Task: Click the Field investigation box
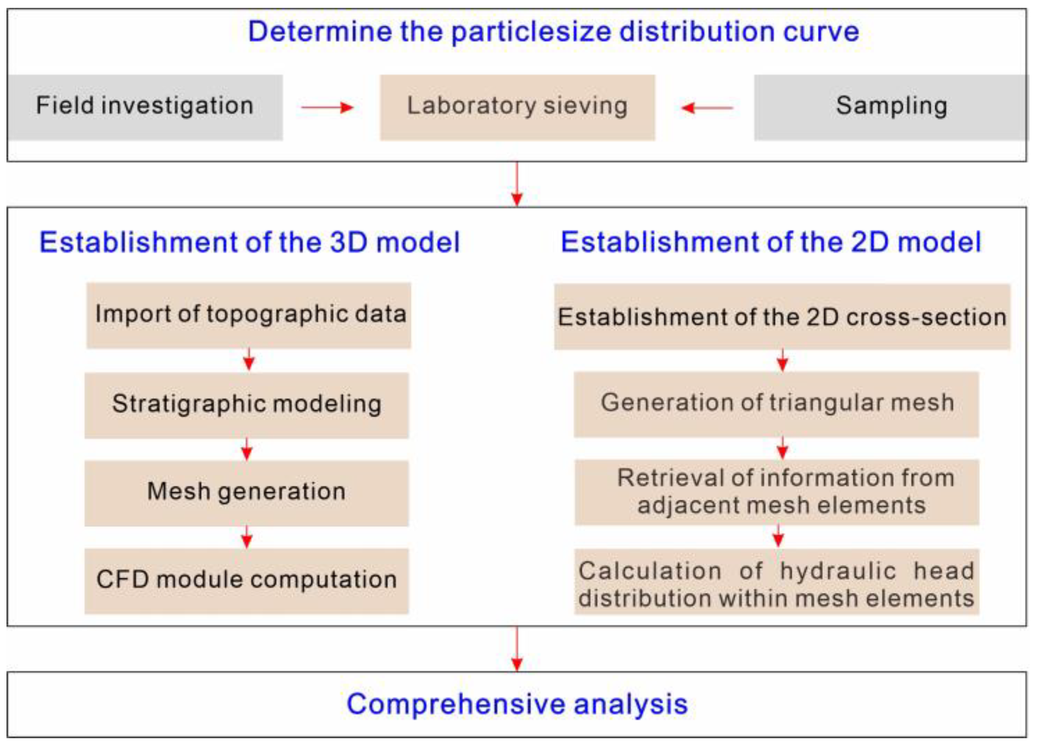[145, 107]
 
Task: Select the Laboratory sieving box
[517, 107]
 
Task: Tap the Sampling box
[891, 107]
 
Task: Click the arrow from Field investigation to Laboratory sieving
[327, 107]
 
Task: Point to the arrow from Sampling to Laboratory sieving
[707, 108]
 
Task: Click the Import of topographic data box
[249, 315]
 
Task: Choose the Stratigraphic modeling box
[246, 405]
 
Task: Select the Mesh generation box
[246, 493]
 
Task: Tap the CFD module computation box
[246, 581]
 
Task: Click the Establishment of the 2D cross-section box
[782, 317]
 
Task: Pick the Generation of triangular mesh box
[777, 404]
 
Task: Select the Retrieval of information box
[777, 492]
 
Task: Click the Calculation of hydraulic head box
[777, 582]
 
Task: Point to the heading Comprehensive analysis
[517, 704]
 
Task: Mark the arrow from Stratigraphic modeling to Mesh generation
[247, 449]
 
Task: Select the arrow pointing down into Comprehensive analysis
[517, 649]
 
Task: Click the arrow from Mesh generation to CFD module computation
[247, 537]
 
